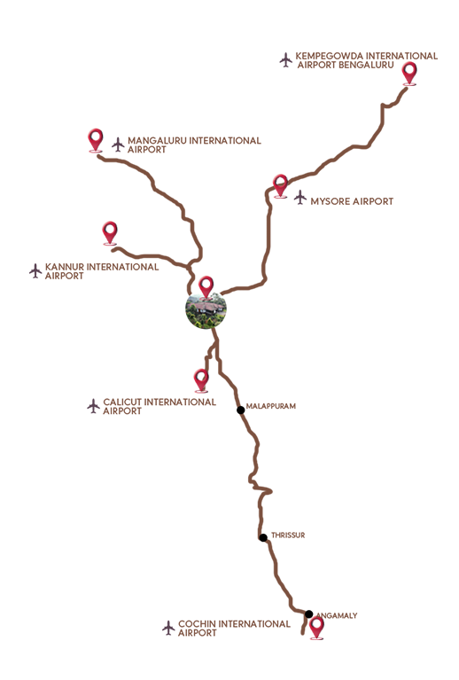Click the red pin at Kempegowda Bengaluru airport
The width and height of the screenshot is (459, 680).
coord(409,73)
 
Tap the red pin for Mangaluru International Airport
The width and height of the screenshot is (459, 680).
coord(96,140)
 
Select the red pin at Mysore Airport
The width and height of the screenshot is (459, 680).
coord(280,185)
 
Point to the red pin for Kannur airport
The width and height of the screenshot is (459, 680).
coord(110,233)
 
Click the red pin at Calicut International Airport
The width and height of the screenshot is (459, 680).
coord(200,380)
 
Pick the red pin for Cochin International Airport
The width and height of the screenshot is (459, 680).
coord(317,629)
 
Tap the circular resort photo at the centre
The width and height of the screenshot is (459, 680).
coord(206,309)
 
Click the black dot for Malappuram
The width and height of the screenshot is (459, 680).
coord(240,410)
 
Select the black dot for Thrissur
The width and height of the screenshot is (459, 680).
coord(263,538)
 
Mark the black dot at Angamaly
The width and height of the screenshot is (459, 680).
coord(308,614)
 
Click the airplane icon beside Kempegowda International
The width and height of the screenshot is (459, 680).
coord(285,60)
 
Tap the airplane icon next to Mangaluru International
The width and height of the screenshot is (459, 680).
coord(118,145)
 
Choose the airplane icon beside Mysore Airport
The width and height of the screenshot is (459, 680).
coord(300,198)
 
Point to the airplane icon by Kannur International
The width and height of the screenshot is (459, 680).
coord(35,271)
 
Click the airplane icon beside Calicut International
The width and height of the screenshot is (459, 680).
coord(93,406)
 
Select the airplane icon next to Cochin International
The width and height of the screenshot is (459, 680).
coord(168,628)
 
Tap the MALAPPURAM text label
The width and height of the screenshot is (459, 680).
coord(271,406)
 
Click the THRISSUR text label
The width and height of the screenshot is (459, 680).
coord(288,535)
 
